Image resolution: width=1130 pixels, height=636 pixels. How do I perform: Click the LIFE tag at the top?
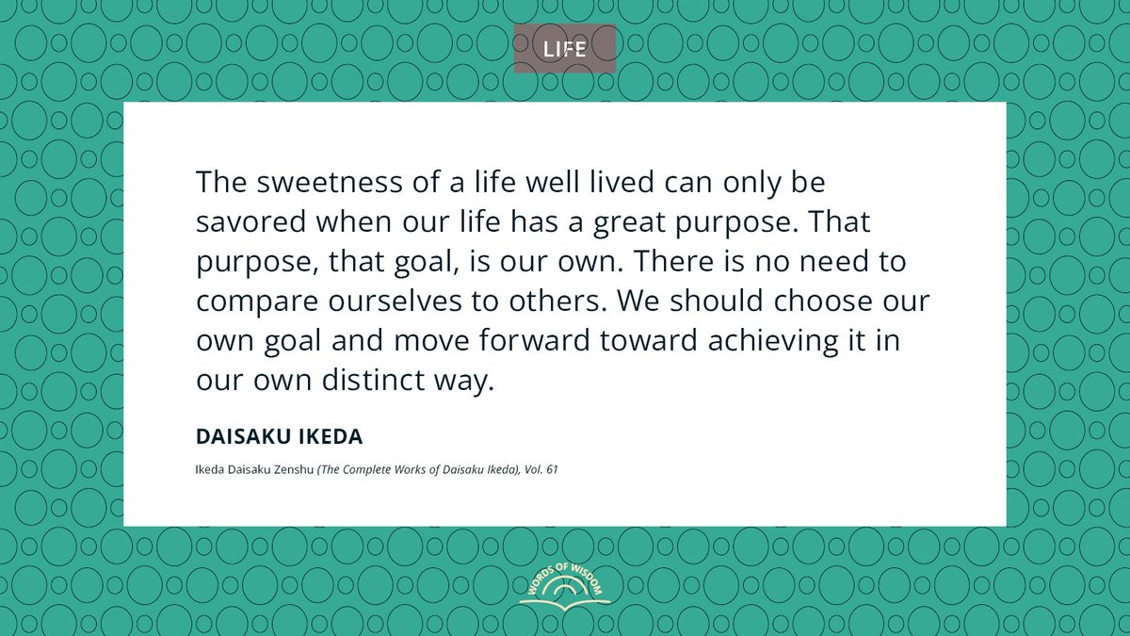[565, 49]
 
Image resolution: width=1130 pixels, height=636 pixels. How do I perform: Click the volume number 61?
[551, 468]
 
